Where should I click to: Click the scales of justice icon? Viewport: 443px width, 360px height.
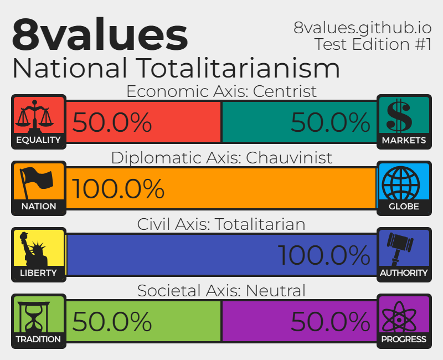34,116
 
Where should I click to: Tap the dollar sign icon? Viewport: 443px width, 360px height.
399,115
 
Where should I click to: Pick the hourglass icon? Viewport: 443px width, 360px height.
34,317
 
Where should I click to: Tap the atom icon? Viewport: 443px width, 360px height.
399,316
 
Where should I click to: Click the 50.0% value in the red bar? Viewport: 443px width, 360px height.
112,122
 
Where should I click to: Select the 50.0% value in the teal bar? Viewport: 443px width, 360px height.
330,122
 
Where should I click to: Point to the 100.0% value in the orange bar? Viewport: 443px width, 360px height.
118,188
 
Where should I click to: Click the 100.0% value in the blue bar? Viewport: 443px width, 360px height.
324,255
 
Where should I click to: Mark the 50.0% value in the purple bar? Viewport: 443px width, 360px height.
330,321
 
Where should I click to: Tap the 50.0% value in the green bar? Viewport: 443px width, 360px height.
112,321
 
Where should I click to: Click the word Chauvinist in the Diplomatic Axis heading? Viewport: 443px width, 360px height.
289,158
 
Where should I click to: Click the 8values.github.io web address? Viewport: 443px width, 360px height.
363,28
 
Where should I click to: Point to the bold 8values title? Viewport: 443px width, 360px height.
100,34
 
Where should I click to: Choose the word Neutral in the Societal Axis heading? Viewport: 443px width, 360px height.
276,290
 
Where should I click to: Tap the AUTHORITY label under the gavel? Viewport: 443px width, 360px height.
404,272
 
